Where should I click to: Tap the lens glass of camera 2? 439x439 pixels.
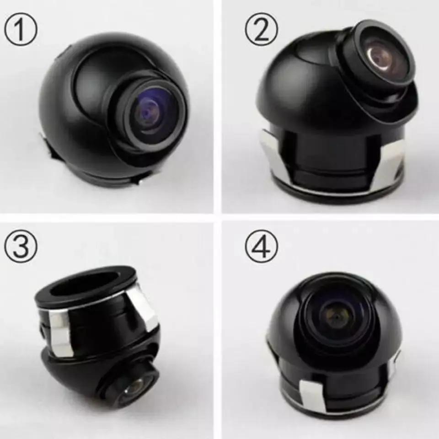point(382,59)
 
